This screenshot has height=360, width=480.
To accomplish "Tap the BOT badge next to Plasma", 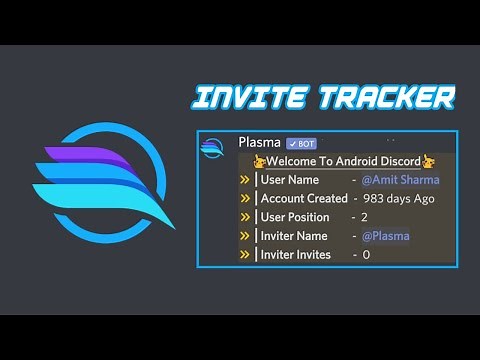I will coord(301,143).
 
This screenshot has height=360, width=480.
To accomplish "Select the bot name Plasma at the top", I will coord(259,143).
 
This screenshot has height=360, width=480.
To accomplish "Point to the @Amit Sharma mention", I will coord(400,180).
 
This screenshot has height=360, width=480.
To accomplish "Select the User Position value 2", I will coord(364,217).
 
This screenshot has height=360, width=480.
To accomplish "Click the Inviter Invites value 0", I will coord(366,255).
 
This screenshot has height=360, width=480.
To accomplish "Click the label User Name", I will coord(289,180).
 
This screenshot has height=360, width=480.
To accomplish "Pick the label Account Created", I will coord(303,198).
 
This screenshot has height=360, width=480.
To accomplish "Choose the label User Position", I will coord(295,217).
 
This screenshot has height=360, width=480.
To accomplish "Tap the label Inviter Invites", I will coord(298,255).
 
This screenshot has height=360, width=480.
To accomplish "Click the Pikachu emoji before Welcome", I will coord(259,161).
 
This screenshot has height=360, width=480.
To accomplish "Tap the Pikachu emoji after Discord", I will coord(429,161).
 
